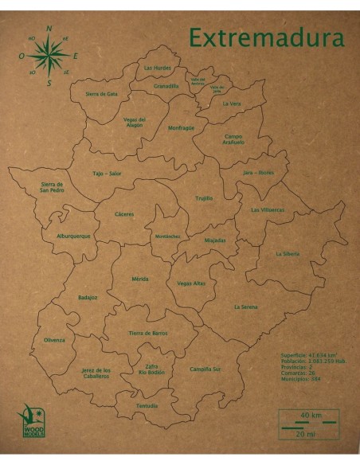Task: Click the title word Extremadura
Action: (266, 37)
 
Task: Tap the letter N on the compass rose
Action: (49, 29)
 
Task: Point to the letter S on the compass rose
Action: (49, 82)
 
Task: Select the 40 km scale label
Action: (310, 415)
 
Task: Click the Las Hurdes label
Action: (157, 68)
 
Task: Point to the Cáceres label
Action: (124, 213)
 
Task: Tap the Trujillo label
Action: (204, 197)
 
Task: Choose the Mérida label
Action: (140, 279)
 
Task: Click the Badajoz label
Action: (88, 297)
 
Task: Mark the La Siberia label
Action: (287, 253)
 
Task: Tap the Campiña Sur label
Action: (205, 369)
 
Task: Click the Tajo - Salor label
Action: (107, 173)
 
